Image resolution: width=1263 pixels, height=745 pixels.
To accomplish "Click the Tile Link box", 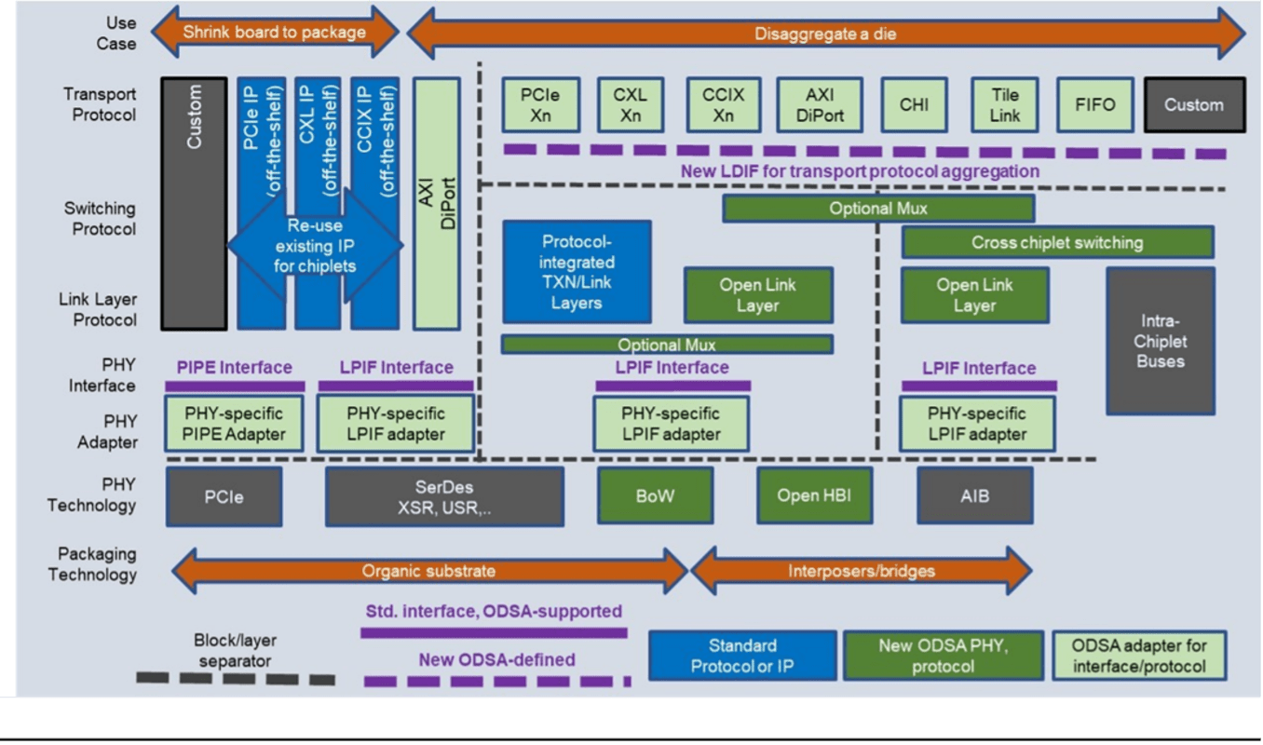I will click(1005, 104).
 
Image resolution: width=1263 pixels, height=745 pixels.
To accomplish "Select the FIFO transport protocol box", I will click(1094, 104).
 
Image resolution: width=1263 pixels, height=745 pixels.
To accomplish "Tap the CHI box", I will click(914, 104).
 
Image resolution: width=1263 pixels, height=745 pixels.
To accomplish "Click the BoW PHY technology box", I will click(655, 495).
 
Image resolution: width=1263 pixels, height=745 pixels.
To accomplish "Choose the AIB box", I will click(974, 495).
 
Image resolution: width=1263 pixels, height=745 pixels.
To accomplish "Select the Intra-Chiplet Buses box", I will click(1161, 341).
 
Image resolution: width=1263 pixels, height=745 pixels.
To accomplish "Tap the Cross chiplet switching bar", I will click(1057, 243).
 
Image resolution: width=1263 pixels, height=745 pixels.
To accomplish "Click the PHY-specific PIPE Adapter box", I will click(234, 424).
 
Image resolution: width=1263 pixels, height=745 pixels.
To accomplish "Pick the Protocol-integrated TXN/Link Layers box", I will click(577, 272).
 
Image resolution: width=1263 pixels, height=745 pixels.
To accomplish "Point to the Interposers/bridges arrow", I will click(861, 570).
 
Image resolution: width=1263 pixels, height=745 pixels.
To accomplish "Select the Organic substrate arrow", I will click(429, 570).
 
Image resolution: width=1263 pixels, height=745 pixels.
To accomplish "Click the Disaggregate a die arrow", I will click(825, 34).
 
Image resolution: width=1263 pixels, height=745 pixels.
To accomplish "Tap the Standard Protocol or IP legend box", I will click(742, 656).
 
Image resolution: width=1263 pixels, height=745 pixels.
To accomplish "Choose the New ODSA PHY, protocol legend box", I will click(944, 656).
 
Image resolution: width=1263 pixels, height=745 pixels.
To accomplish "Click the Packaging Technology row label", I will click(92, 564).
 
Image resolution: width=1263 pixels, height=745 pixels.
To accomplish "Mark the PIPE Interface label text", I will click(234, 368).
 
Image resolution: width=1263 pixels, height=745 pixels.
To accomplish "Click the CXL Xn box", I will click(631, 104).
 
